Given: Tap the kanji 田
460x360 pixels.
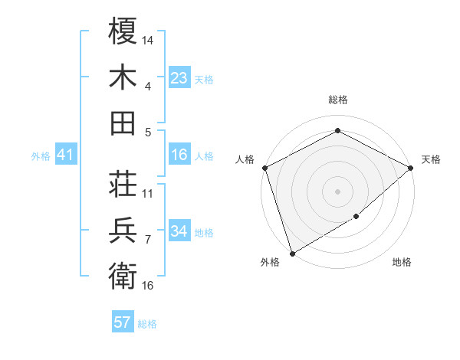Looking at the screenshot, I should [x=123, y=123].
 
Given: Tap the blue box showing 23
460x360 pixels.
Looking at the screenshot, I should [x=179, y=78].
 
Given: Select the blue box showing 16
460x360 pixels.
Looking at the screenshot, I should [x=179, y=155].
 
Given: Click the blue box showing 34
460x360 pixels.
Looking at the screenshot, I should [x=179, y=232].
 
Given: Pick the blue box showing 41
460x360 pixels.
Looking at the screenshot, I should [x=66, y=155].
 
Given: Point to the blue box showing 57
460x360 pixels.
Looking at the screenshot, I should [x=123, y=323].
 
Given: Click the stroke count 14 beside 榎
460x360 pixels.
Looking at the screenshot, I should [x=149, y=39].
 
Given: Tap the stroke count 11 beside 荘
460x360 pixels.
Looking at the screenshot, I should [x=148, y=193].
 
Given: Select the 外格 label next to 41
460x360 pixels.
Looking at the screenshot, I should [x=41, y=156].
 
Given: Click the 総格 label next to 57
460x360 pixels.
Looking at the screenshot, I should [x=147, y=324].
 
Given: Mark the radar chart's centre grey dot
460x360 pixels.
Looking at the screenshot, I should [x=337, y=191].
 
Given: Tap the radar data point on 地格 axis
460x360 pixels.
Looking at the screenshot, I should [x=356, y=218].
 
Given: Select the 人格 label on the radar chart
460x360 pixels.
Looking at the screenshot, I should [x=245, y=159].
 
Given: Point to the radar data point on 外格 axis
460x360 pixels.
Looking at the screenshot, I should [x=292, y=253].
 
